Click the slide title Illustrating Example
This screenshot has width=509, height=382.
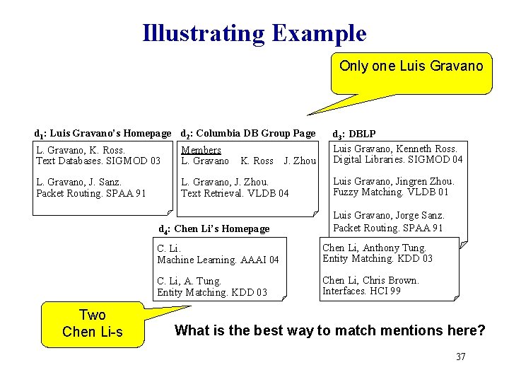click(255, 33)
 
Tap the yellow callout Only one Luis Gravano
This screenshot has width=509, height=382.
click(411, 66)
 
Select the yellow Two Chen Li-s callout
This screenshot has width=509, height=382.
click(92, 323)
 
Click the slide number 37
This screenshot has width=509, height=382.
click(461, 357)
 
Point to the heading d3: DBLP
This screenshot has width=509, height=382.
click(354, 134)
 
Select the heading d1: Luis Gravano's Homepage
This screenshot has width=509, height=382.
click(103, 133)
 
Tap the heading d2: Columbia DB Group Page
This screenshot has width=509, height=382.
click(248, 133)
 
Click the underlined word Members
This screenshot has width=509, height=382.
click(201, 150)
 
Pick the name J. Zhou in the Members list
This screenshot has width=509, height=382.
click(300, 161)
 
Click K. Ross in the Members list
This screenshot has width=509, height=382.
click(257, 161)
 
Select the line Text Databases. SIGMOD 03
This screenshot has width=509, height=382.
click(98, 161)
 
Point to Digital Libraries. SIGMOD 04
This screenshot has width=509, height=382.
click(398, 159)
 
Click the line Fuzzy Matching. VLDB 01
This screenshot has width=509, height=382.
click(391, 192)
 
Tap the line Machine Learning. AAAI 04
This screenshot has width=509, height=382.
click(218, 260)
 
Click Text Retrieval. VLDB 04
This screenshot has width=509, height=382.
click(235, 193)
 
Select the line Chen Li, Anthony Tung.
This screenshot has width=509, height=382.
click(375, 248)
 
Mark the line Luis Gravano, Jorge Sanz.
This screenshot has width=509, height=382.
click(389, 215)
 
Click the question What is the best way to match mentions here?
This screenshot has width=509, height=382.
click(329, 330)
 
